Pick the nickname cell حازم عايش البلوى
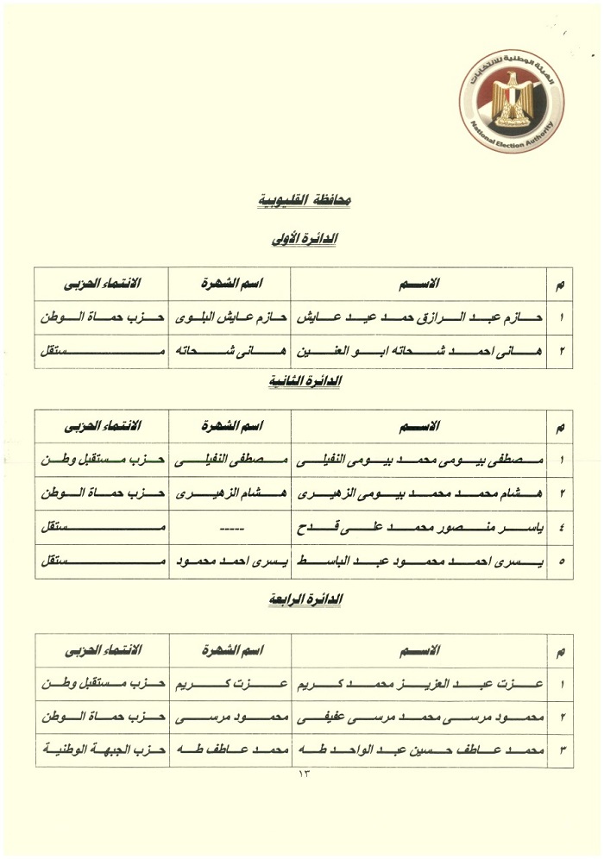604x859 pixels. tap(230, 317)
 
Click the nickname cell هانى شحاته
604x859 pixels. tap(230, 351)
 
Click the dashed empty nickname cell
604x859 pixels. tap(230, 529)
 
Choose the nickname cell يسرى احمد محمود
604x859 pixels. tap(230, 562)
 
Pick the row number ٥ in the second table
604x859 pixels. tap(562, 562)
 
